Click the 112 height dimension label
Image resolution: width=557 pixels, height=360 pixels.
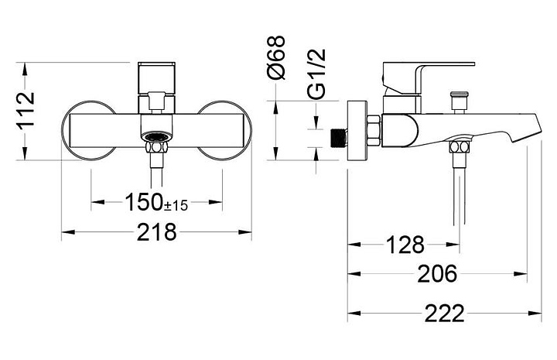point(26,110)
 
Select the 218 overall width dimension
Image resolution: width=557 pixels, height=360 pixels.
point(156,232)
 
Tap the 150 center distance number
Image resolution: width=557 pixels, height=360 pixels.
point(144,202)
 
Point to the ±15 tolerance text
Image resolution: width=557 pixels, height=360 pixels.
point(176,205)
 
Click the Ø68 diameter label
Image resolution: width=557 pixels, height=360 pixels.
point(275,57)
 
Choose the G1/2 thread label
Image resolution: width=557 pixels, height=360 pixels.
point(316,74)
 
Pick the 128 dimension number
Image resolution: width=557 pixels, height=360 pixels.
point(405,245)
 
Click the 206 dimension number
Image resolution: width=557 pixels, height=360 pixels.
point(437,274)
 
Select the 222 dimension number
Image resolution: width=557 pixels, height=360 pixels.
point(445,313)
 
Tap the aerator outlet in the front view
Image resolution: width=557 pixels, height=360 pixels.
point(156,136)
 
